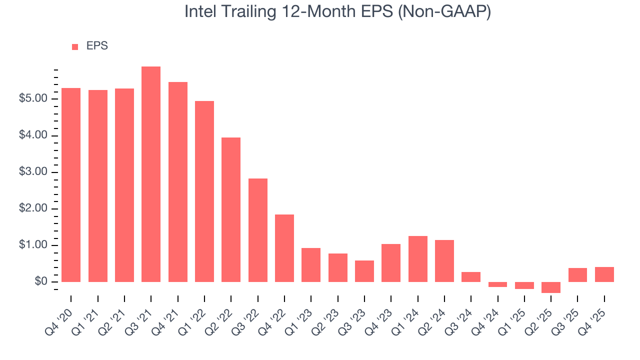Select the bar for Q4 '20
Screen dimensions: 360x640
(71, 185)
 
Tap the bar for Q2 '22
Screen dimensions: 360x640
(231, 209)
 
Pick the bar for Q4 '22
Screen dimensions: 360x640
(284, 248)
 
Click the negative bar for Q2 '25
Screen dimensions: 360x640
(551, 287)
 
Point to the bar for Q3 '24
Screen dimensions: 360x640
(471, 277)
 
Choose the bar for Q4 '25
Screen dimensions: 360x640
(604, 274)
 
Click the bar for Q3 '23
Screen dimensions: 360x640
(364, 271)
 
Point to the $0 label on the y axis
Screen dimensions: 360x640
(40, 282)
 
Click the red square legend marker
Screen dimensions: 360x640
(75, 47)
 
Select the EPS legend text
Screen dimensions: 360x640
(97, 46)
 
